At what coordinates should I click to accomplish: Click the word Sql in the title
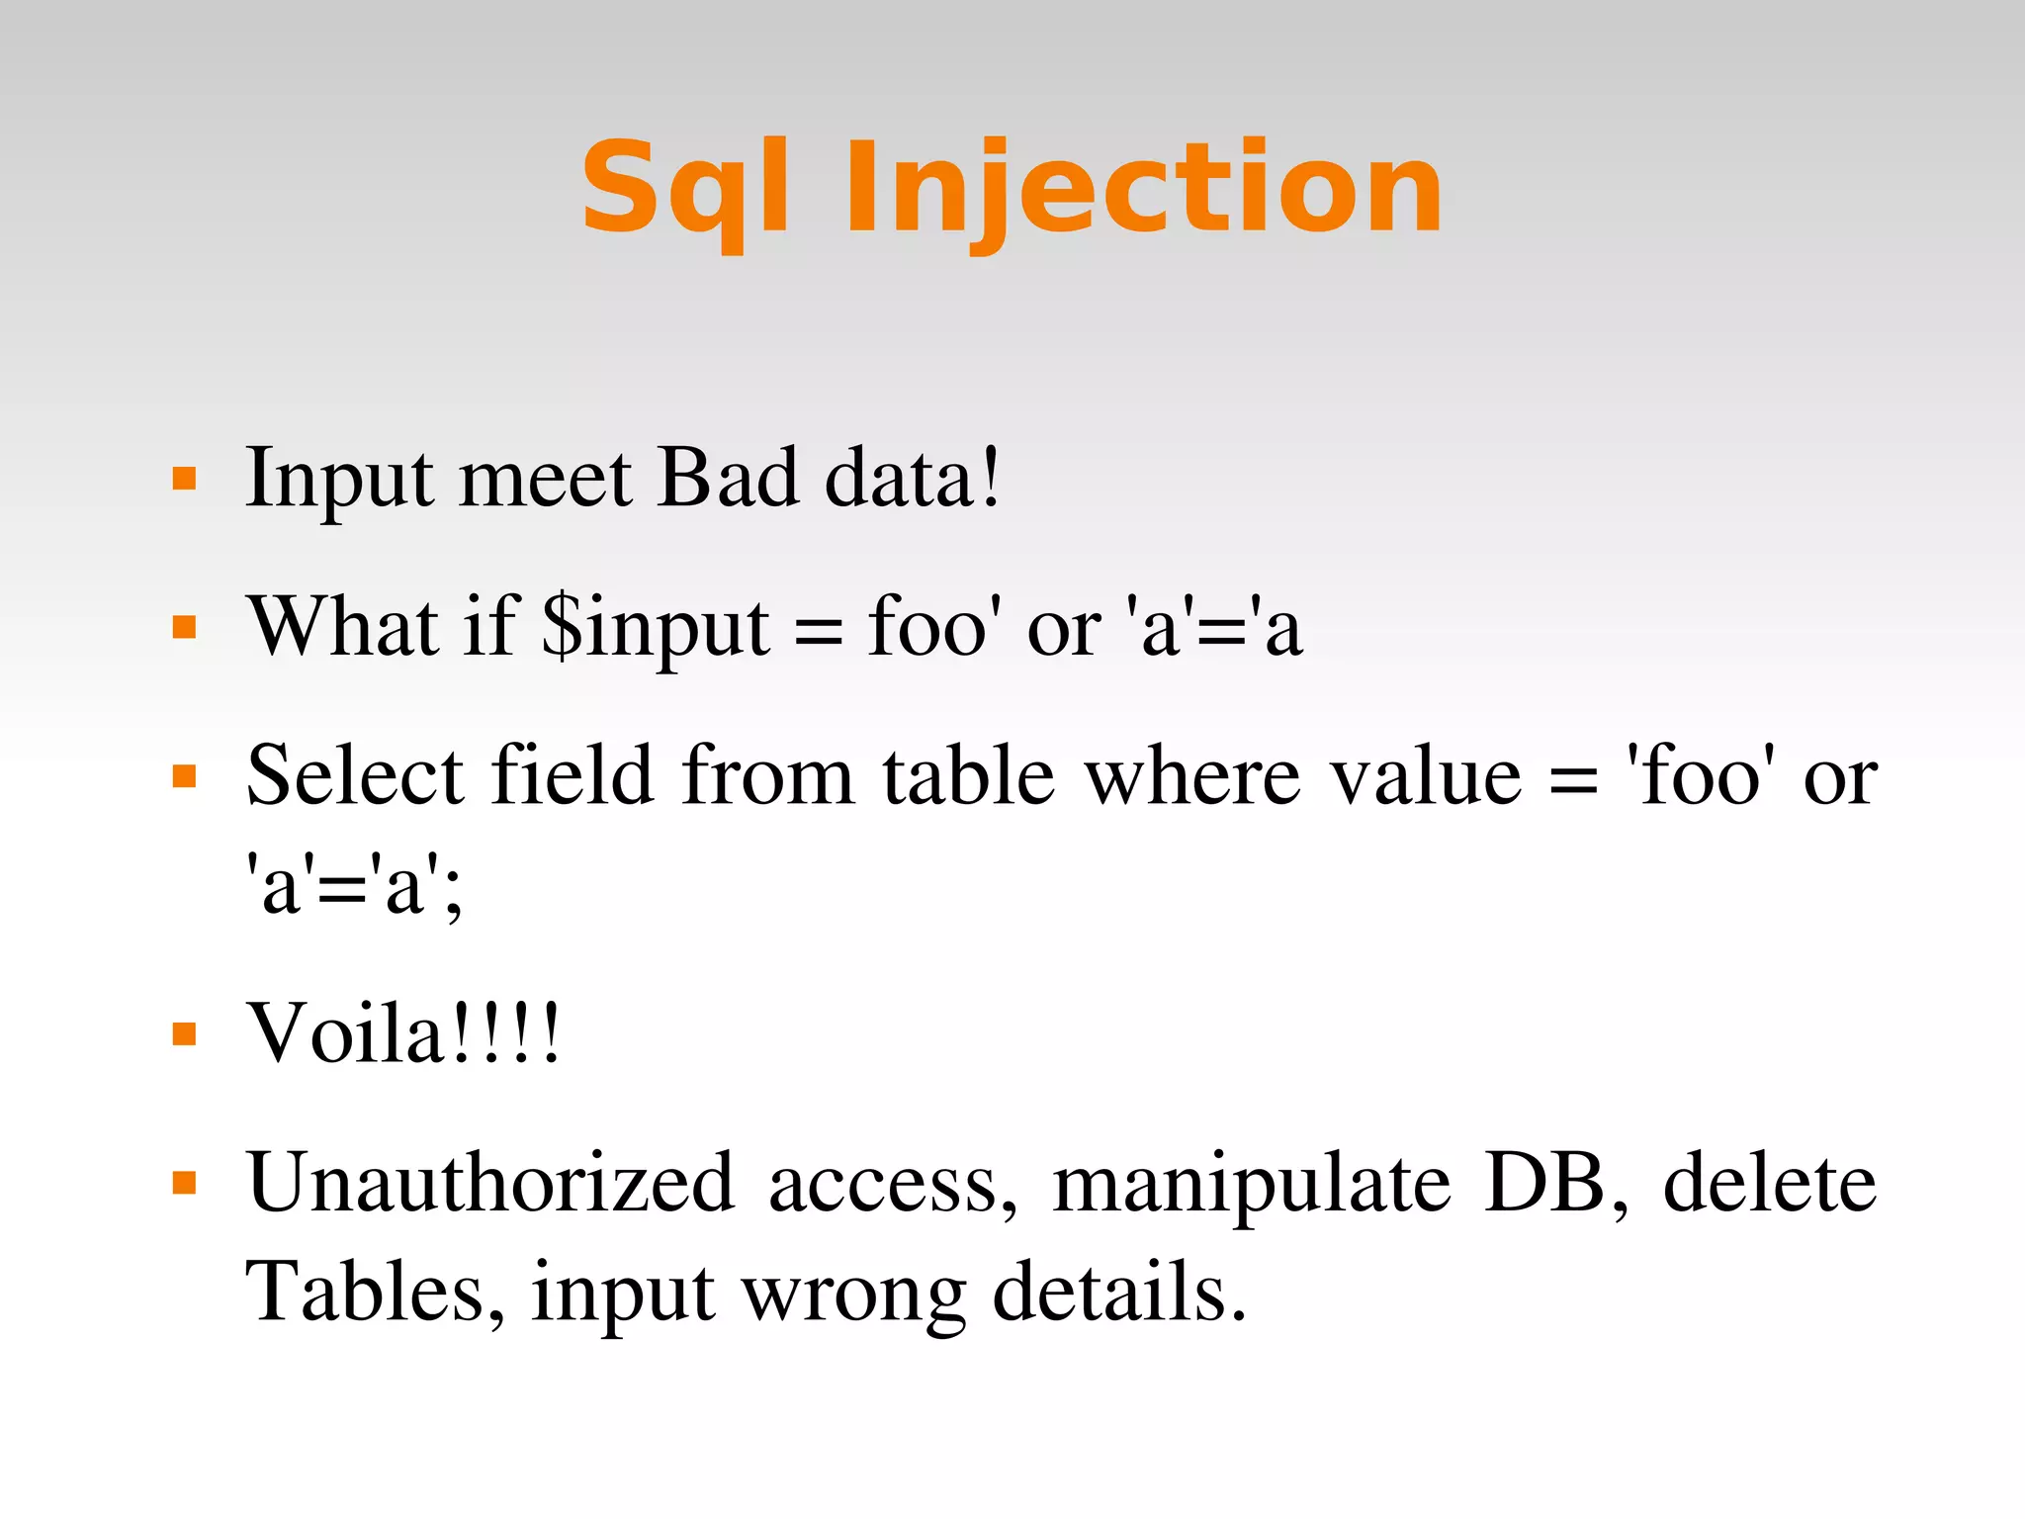pos(685,190)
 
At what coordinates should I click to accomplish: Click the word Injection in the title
pos(1142,190)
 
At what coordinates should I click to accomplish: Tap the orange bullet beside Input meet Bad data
pos(184,480)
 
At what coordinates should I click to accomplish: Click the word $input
pos(656,628)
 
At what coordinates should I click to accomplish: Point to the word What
pos(341,626)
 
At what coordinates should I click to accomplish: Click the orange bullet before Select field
pos(184,776)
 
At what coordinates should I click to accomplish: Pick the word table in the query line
pos(968,776)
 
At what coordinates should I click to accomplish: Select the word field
pos(572,776)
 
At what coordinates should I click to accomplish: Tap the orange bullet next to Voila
pos(184,1034)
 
